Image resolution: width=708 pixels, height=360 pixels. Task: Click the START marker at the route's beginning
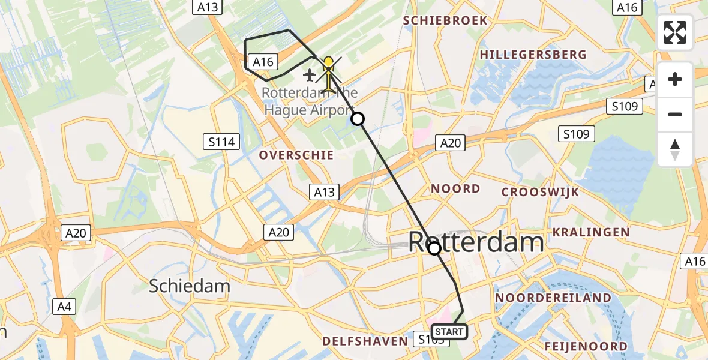449,332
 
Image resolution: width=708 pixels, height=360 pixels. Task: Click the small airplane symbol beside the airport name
310,75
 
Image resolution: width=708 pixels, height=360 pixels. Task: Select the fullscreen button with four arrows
675,32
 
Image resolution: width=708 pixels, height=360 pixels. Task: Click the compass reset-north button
675,149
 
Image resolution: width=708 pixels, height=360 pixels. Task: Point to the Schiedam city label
189,286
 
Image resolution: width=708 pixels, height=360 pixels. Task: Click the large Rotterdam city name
476,242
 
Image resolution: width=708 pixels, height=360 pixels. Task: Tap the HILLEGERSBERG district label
533,55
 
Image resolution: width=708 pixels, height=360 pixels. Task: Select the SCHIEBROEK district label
445,20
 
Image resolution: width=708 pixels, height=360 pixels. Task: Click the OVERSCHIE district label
296,155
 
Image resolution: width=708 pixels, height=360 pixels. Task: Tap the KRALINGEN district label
591,232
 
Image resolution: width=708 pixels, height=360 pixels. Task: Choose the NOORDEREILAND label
553,298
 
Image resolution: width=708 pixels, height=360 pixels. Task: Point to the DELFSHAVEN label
365,341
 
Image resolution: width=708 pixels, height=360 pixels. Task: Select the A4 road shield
64,307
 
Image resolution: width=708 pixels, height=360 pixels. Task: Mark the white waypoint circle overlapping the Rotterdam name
434,248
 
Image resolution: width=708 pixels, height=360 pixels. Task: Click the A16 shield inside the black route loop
263,61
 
